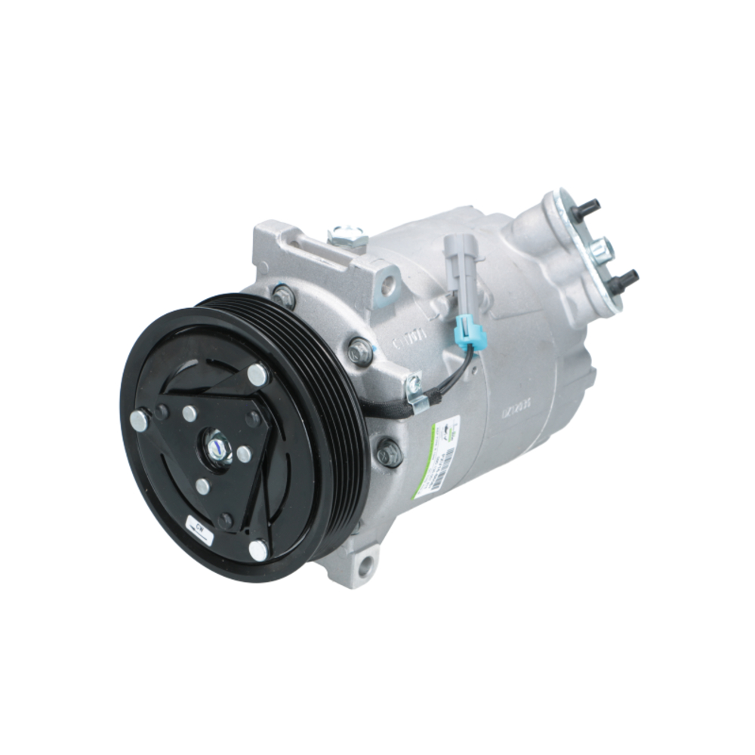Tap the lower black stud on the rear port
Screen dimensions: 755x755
(x=627, y=279)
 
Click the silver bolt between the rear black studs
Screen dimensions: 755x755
(x=602, y=247)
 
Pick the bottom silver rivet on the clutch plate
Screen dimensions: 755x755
(x=259, y=550)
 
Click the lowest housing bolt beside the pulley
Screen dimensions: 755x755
(x=389, y=452)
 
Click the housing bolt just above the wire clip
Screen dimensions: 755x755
(x=361, y=352)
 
